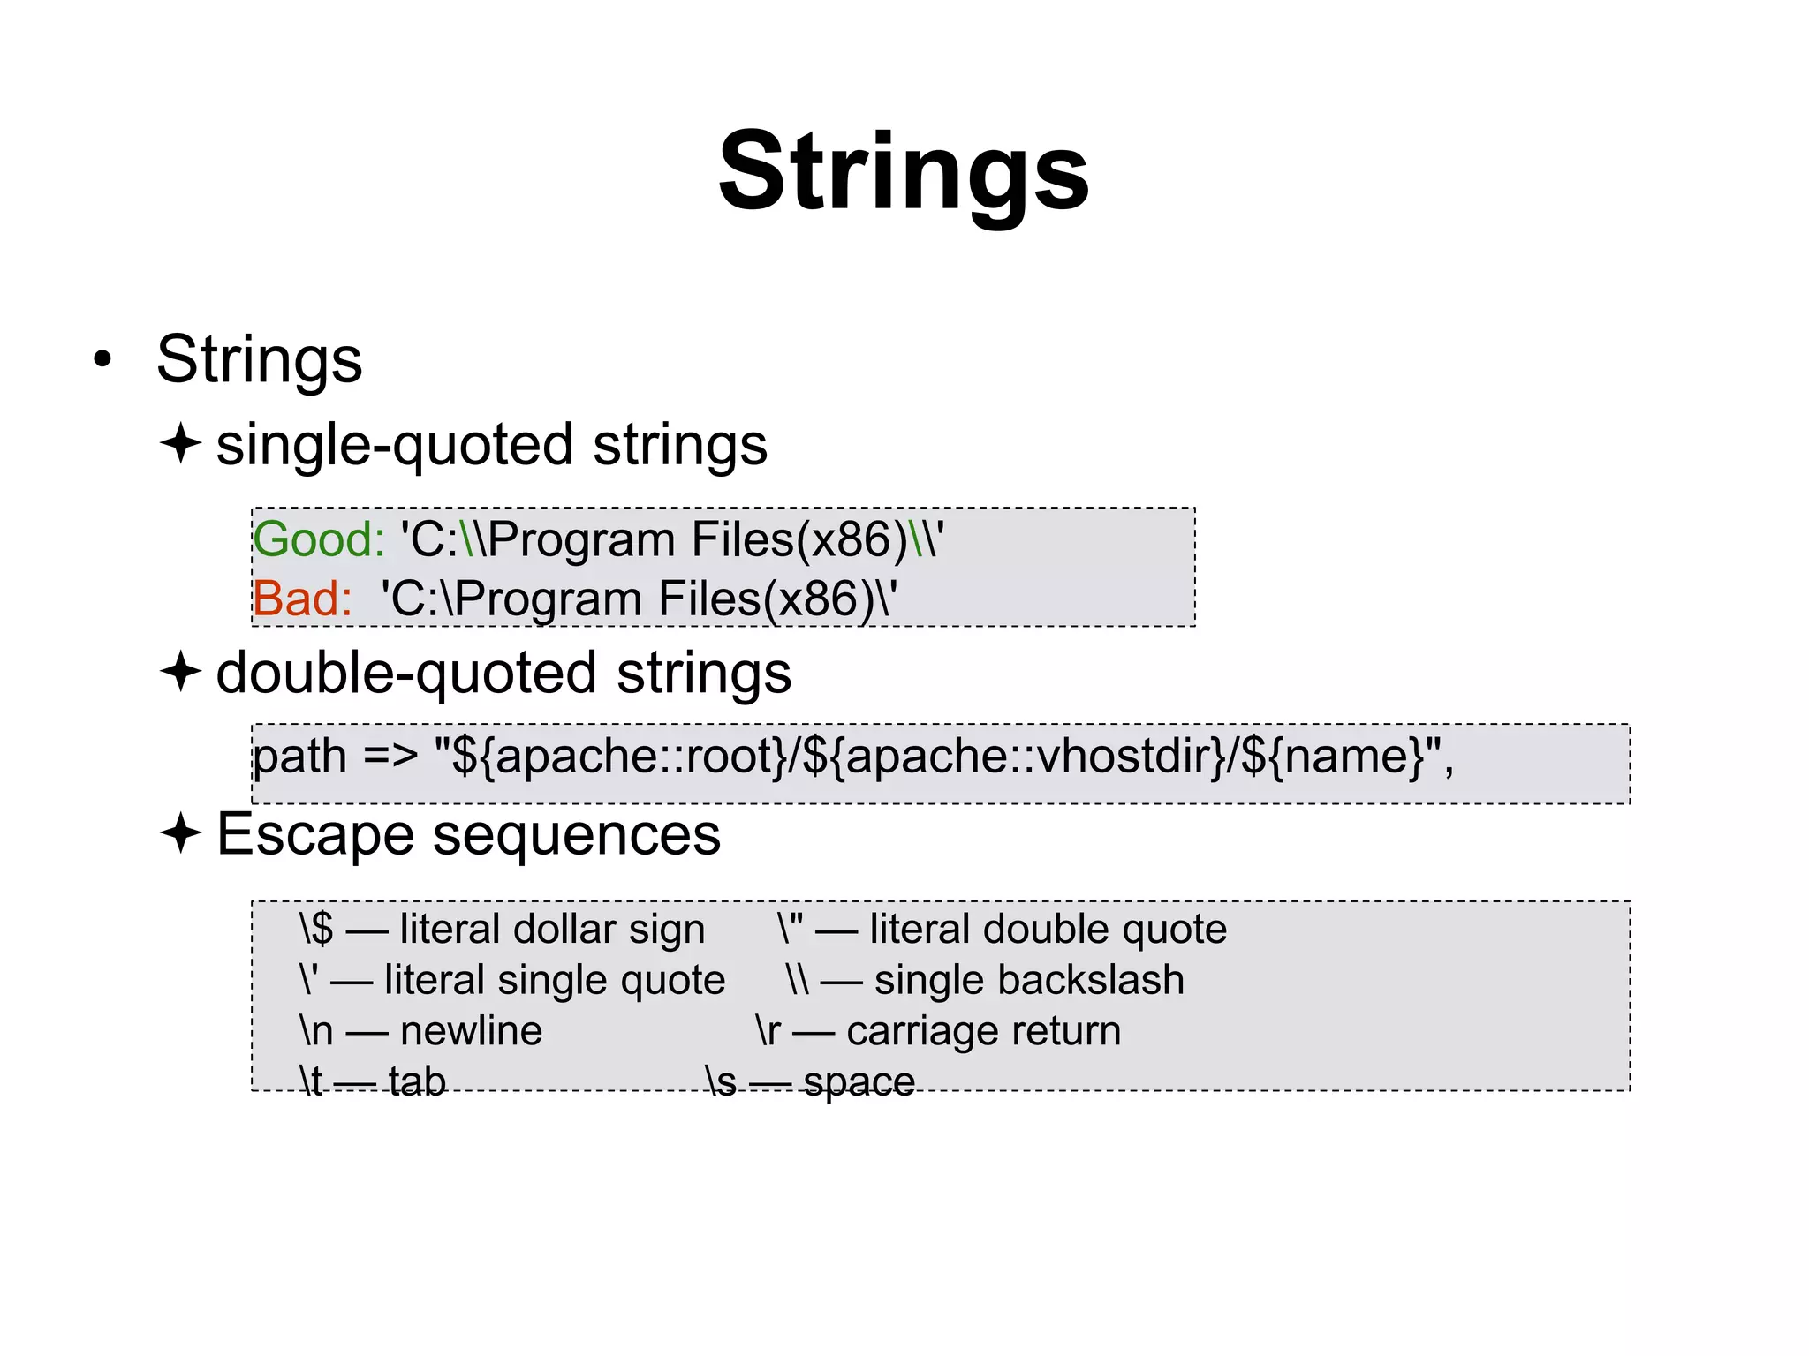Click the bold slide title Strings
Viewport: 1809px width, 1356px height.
[904, 172]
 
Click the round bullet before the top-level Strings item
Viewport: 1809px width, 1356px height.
[103, 359]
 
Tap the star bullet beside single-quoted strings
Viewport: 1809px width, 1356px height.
[181, 443]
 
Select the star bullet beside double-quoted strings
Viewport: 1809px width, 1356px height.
[181, 672]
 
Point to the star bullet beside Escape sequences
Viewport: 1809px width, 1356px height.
[181, 833]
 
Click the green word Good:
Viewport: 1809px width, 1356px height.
[319, 539]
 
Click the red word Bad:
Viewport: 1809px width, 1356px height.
[302, 599]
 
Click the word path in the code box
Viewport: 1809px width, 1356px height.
[299, 757]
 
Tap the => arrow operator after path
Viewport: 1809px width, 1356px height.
[390, 757]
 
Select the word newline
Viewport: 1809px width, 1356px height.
[471, 1031]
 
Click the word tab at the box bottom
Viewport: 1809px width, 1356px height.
[417, 1081]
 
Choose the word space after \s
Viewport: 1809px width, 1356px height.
[859, 1082]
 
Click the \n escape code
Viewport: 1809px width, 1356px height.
[316, 1031]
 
